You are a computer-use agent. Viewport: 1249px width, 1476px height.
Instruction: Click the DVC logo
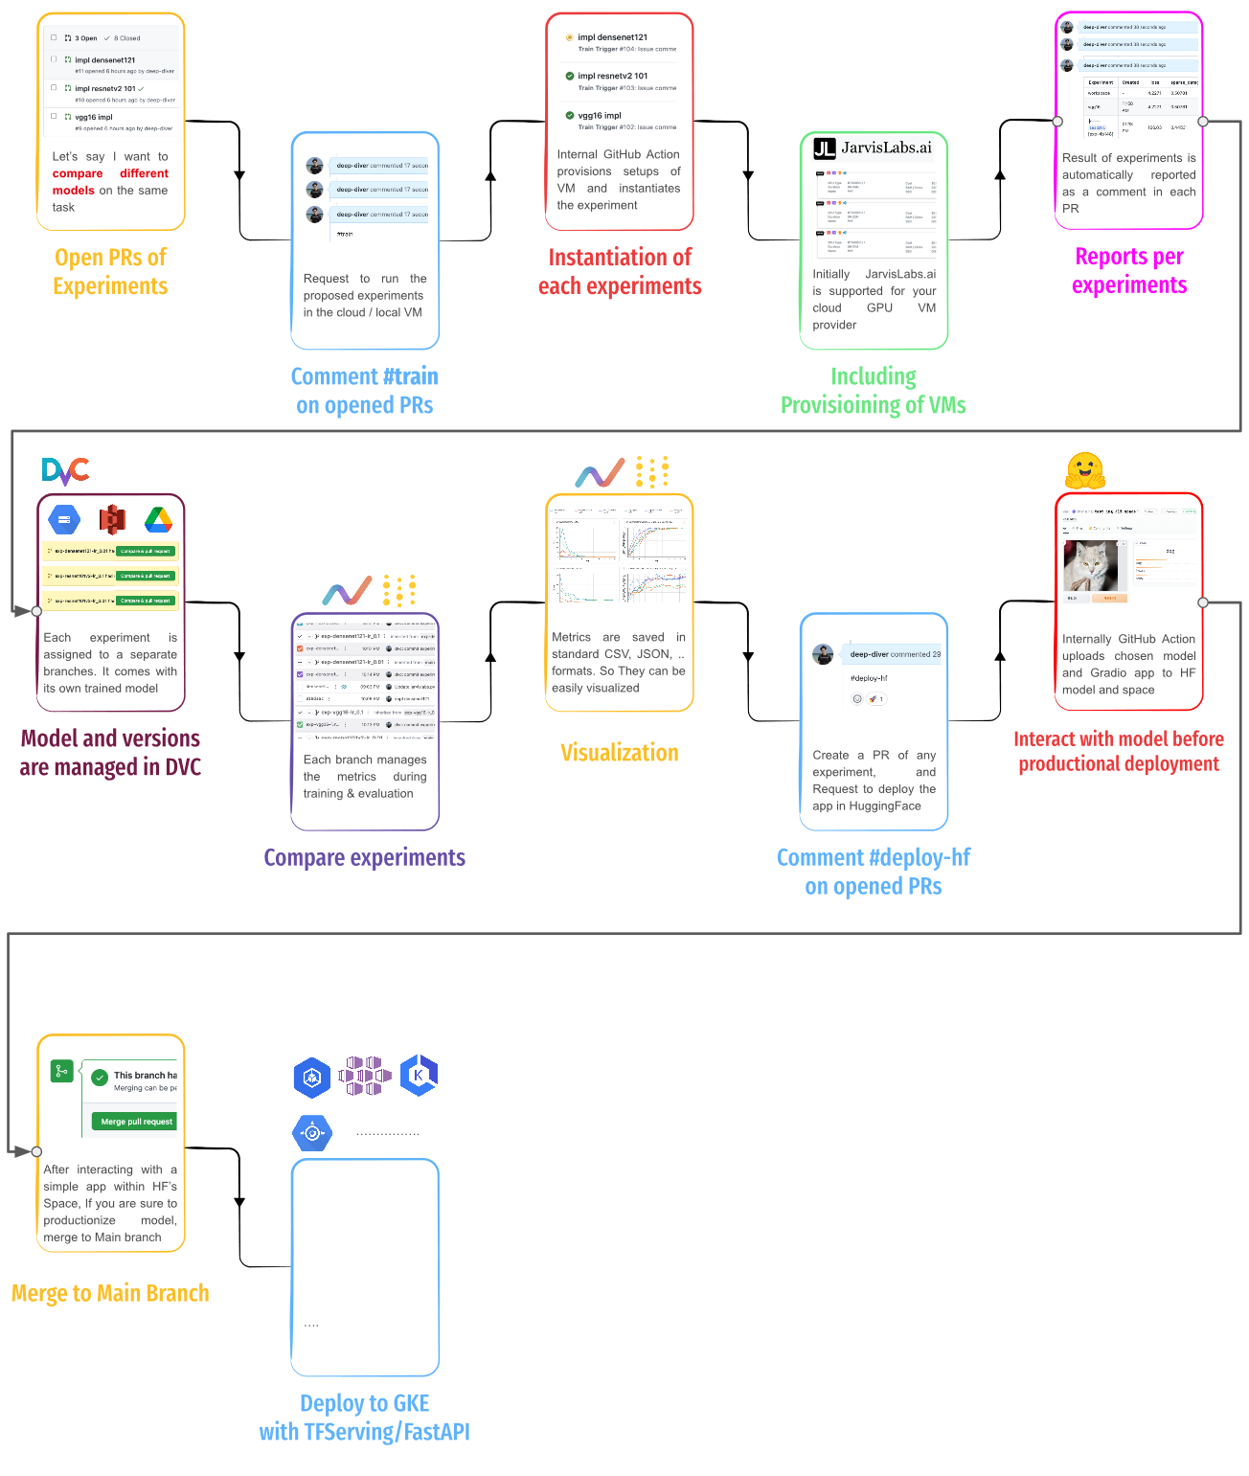[65, 471]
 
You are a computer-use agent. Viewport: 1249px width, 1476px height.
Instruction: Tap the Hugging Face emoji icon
[1084, 470]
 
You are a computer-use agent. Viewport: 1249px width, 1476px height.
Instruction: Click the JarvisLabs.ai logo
[873, 148]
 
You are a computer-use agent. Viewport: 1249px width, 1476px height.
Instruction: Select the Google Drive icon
[158, 520]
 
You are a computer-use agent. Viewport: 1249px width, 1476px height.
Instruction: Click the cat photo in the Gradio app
[1090, 566]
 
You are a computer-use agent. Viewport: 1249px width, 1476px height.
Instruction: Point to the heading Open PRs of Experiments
[110, 272]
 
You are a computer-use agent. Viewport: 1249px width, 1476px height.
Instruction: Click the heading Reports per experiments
[1128, 271]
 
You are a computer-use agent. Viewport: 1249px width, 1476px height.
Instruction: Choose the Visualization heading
[619, 753]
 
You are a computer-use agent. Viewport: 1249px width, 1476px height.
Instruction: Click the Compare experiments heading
[364, 857]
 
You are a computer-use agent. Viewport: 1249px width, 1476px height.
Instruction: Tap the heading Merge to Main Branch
[110, 1293]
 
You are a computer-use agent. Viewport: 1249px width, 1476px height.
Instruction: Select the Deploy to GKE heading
[364, 1418]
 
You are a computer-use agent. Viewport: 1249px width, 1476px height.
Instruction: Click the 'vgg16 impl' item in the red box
[599, 116]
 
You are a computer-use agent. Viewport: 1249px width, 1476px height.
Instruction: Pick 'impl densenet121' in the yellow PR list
[104, 59]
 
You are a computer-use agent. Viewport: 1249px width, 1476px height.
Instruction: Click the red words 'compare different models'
[109, 182]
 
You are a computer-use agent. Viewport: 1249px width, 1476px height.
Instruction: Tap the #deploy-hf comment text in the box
[869, 678]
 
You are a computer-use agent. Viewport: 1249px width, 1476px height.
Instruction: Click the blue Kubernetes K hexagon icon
[419, 1076]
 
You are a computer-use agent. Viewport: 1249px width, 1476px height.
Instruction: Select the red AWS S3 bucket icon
[112, 520]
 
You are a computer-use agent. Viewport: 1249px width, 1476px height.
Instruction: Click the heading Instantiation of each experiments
[619, 272]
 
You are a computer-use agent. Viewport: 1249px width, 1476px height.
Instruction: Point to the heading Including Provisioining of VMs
[873, 391]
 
